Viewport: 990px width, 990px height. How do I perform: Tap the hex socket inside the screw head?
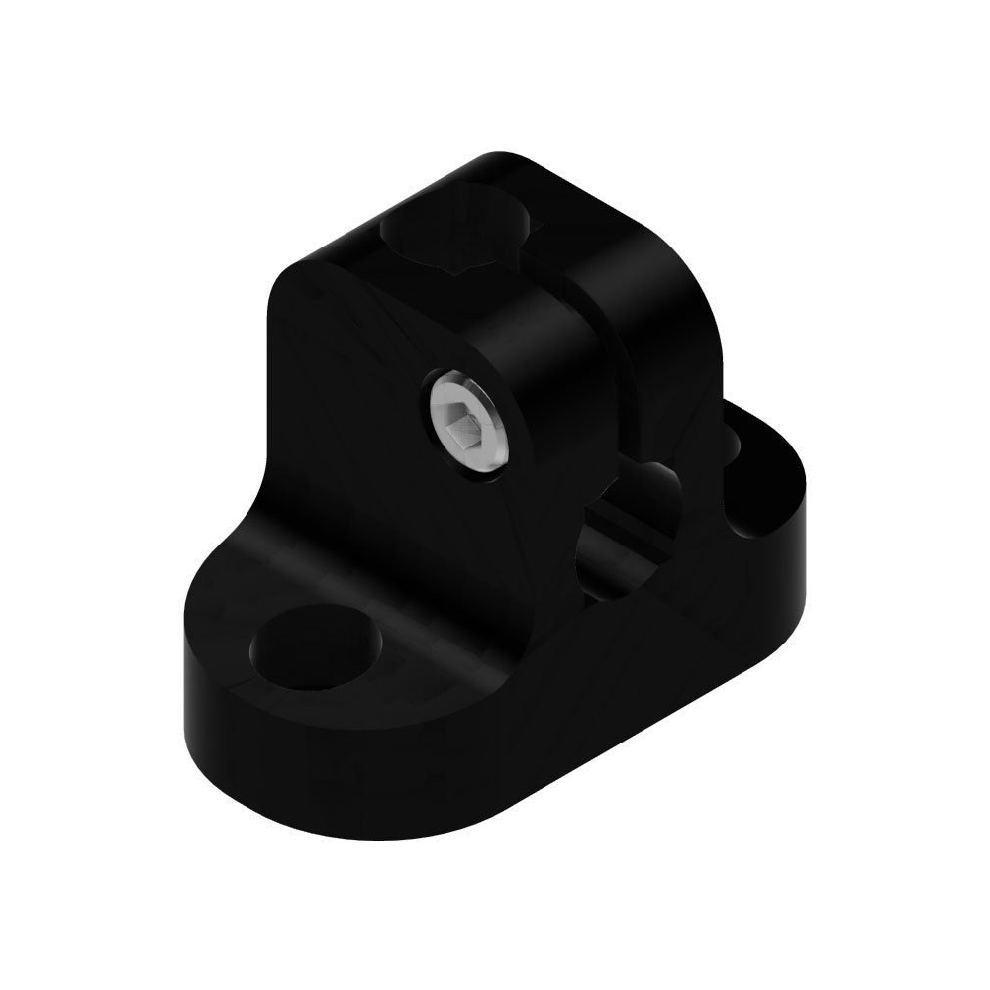(462, 429)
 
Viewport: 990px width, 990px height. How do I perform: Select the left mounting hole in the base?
(316, 648)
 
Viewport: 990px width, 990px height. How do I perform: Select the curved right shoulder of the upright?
(683, 297)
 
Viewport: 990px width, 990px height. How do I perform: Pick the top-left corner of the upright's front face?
(282, 282)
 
